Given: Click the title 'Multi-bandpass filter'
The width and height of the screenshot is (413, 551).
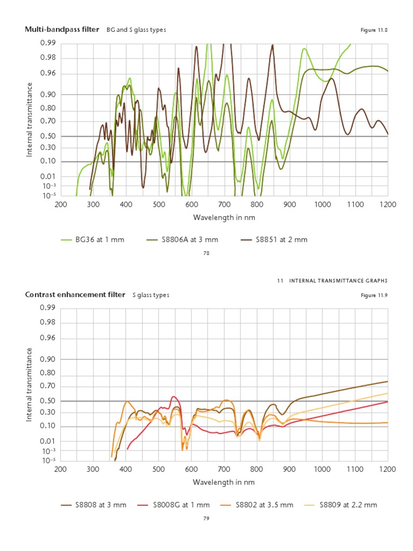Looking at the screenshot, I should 62,30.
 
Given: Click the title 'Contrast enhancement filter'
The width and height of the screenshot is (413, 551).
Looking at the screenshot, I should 75,294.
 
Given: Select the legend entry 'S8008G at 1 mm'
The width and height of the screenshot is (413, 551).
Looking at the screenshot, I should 181,505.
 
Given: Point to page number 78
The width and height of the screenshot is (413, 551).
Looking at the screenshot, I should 206,253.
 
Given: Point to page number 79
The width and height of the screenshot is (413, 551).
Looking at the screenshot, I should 206,519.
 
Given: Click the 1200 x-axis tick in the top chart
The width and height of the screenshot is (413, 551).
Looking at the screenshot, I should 387,204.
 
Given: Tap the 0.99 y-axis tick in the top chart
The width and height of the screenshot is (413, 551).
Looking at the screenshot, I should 48,43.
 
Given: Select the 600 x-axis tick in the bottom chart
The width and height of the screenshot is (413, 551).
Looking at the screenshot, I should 191,469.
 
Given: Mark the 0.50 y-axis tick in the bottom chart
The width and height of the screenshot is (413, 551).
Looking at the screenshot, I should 48,401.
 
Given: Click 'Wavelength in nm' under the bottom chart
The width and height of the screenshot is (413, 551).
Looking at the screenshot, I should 223,482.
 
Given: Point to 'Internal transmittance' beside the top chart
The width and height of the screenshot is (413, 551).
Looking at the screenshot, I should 30,119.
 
